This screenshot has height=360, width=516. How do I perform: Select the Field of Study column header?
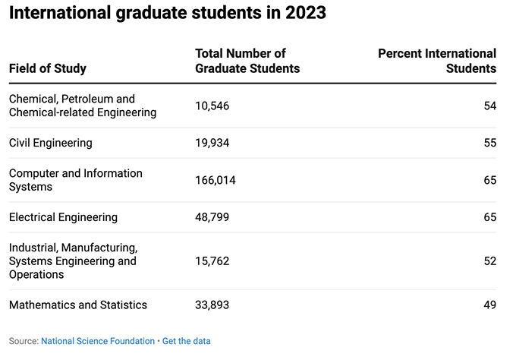pyautogui.click(x=48, y=68)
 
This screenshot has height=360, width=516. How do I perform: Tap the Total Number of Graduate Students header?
pyautogui.click(x=247, y=61)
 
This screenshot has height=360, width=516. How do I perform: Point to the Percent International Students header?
pyautogui.click(x=437, y=61)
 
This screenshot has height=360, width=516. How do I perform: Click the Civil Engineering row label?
pyautogui.click(x=51, y=142)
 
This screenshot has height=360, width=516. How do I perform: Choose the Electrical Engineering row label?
pyautogui.click(x=63, y=217)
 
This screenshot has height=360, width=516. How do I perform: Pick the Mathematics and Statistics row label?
pyautogui.click(x=78, y=305)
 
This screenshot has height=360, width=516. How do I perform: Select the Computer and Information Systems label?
pyautogui.click(x=75, y=180)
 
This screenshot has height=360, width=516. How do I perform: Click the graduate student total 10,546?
pyautogui.click(x=212, y=106)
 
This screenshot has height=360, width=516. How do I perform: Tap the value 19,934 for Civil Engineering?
pyautogui.click(x=212, y=142)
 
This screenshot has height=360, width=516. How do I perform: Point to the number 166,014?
pyautogui.click(x=216, y=180)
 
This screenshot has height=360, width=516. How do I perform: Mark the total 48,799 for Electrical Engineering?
pyautogui.click(x=212, y=217)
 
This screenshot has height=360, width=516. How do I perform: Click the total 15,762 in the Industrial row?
pyautogui.click(x=212, y=261)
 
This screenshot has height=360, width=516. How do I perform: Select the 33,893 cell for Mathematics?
pyautogui.click(x=212, y=305)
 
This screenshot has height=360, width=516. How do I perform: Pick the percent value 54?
pyautogui.click(x=489, y=106)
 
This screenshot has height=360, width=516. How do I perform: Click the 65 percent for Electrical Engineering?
pyautogui.click(x=489, y=217)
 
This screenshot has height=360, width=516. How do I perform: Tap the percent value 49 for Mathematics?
pyautogui.click(x=489, y=305)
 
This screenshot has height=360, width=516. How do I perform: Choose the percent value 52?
pyautogui.click(x=489, y=261)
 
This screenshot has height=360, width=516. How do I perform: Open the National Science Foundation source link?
pyautogui.click(x=98, y=341)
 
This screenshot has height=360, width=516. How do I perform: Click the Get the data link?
pyautogui.click(x=186, y=341)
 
